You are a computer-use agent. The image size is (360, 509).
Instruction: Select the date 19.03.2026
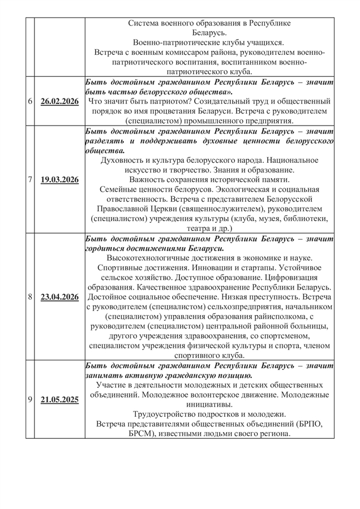59,180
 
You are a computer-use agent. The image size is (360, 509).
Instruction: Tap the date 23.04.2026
59,297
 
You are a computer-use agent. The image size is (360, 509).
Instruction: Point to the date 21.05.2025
59,399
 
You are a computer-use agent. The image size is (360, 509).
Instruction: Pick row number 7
29,180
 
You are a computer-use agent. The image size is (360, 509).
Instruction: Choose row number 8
29,297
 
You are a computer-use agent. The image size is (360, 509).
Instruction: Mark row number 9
29,399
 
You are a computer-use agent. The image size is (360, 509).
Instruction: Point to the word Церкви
198,209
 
